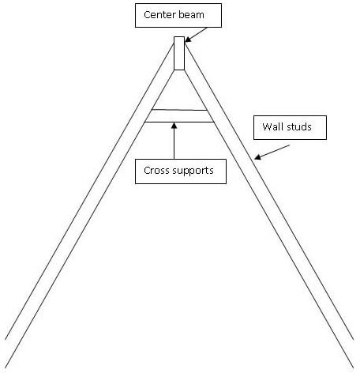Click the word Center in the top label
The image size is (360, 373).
click(157, 15)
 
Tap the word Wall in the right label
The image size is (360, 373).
click(272, 126)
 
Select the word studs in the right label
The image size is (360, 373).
click(298, 126)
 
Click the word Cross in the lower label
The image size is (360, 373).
click(156, 171)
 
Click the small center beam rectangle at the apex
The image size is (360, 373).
click(179, 53)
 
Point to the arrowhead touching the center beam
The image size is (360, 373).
click(188, 39)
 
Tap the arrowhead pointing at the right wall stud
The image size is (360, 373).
click(257, 157)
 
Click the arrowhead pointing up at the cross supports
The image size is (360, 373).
click(174, 126)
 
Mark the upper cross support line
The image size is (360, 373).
click(179, 110)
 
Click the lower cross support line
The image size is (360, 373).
click(179, 122)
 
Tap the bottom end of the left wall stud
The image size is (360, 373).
click(6, 353)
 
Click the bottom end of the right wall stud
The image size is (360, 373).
click(353, 353)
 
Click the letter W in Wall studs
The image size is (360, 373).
click(266, 126)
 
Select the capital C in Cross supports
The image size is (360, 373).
click(147, 171)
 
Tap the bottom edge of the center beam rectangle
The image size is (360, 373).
click(179, 70)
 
